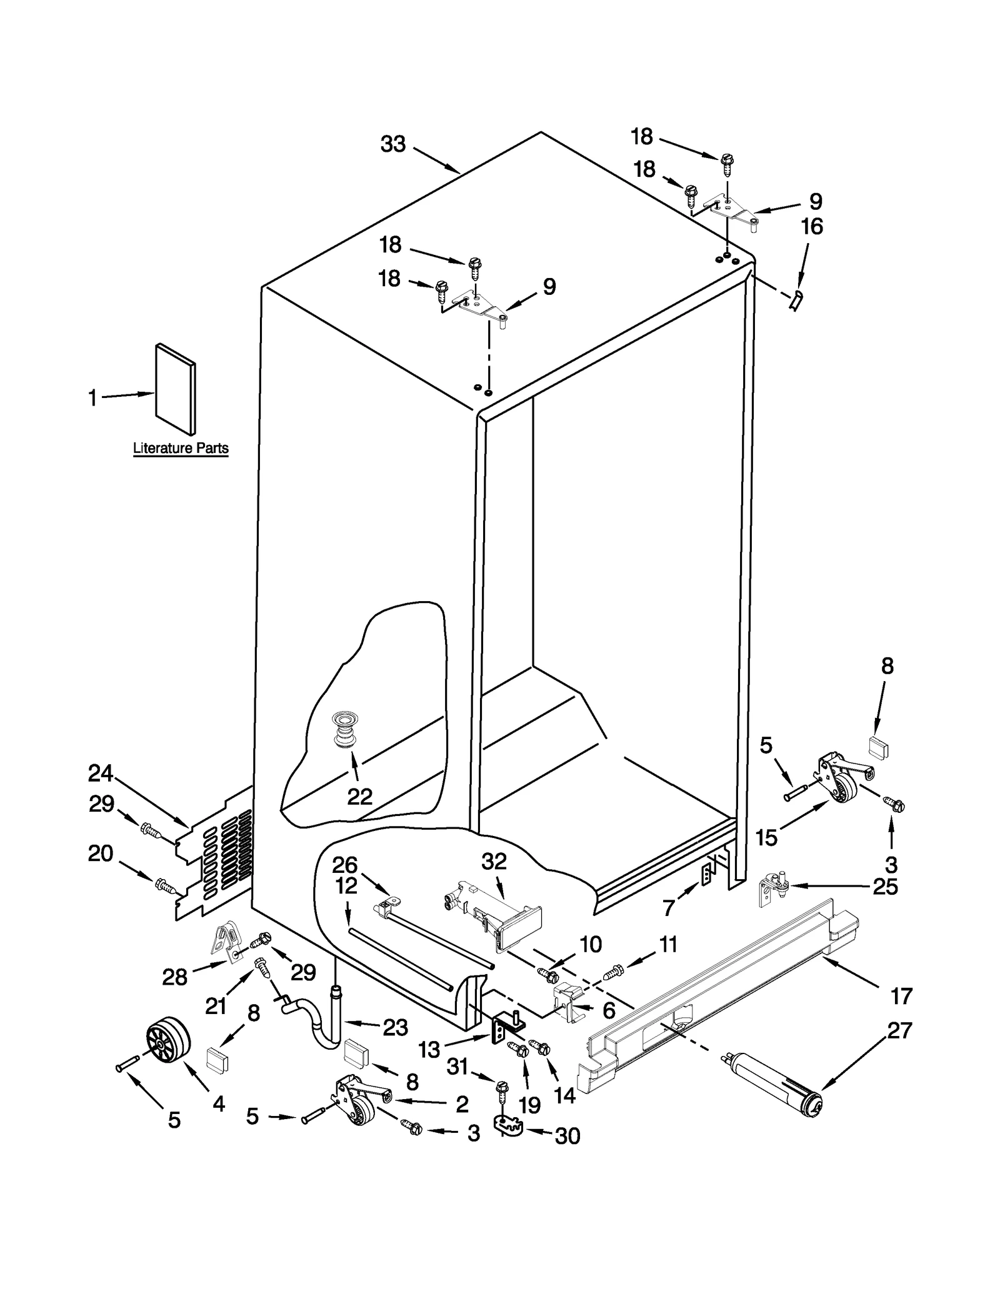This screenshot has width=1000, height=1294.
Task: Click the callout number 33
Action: [393, 144]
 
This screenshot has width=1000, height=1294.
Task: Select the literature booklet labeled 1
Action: [176, 389]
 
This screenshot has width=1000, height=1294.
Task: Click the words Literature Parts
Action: [181, 448]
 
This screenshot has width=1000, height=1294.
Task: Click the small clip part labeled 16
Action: [797, 301]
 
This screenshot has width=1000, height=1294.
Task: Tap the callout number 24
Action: [100, 774]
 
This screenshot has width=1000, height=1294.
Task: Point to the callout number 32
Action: [494, 862]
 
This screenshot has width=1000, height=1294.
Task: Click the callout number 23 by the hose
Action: [395, 1027]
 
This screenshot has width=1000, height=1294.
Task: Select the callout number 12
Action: [346, 885]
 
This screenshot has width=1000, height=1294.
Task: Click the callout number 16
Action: [812, 226]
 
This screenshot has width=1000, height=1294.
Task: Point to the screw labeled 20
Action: [165, 885]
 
